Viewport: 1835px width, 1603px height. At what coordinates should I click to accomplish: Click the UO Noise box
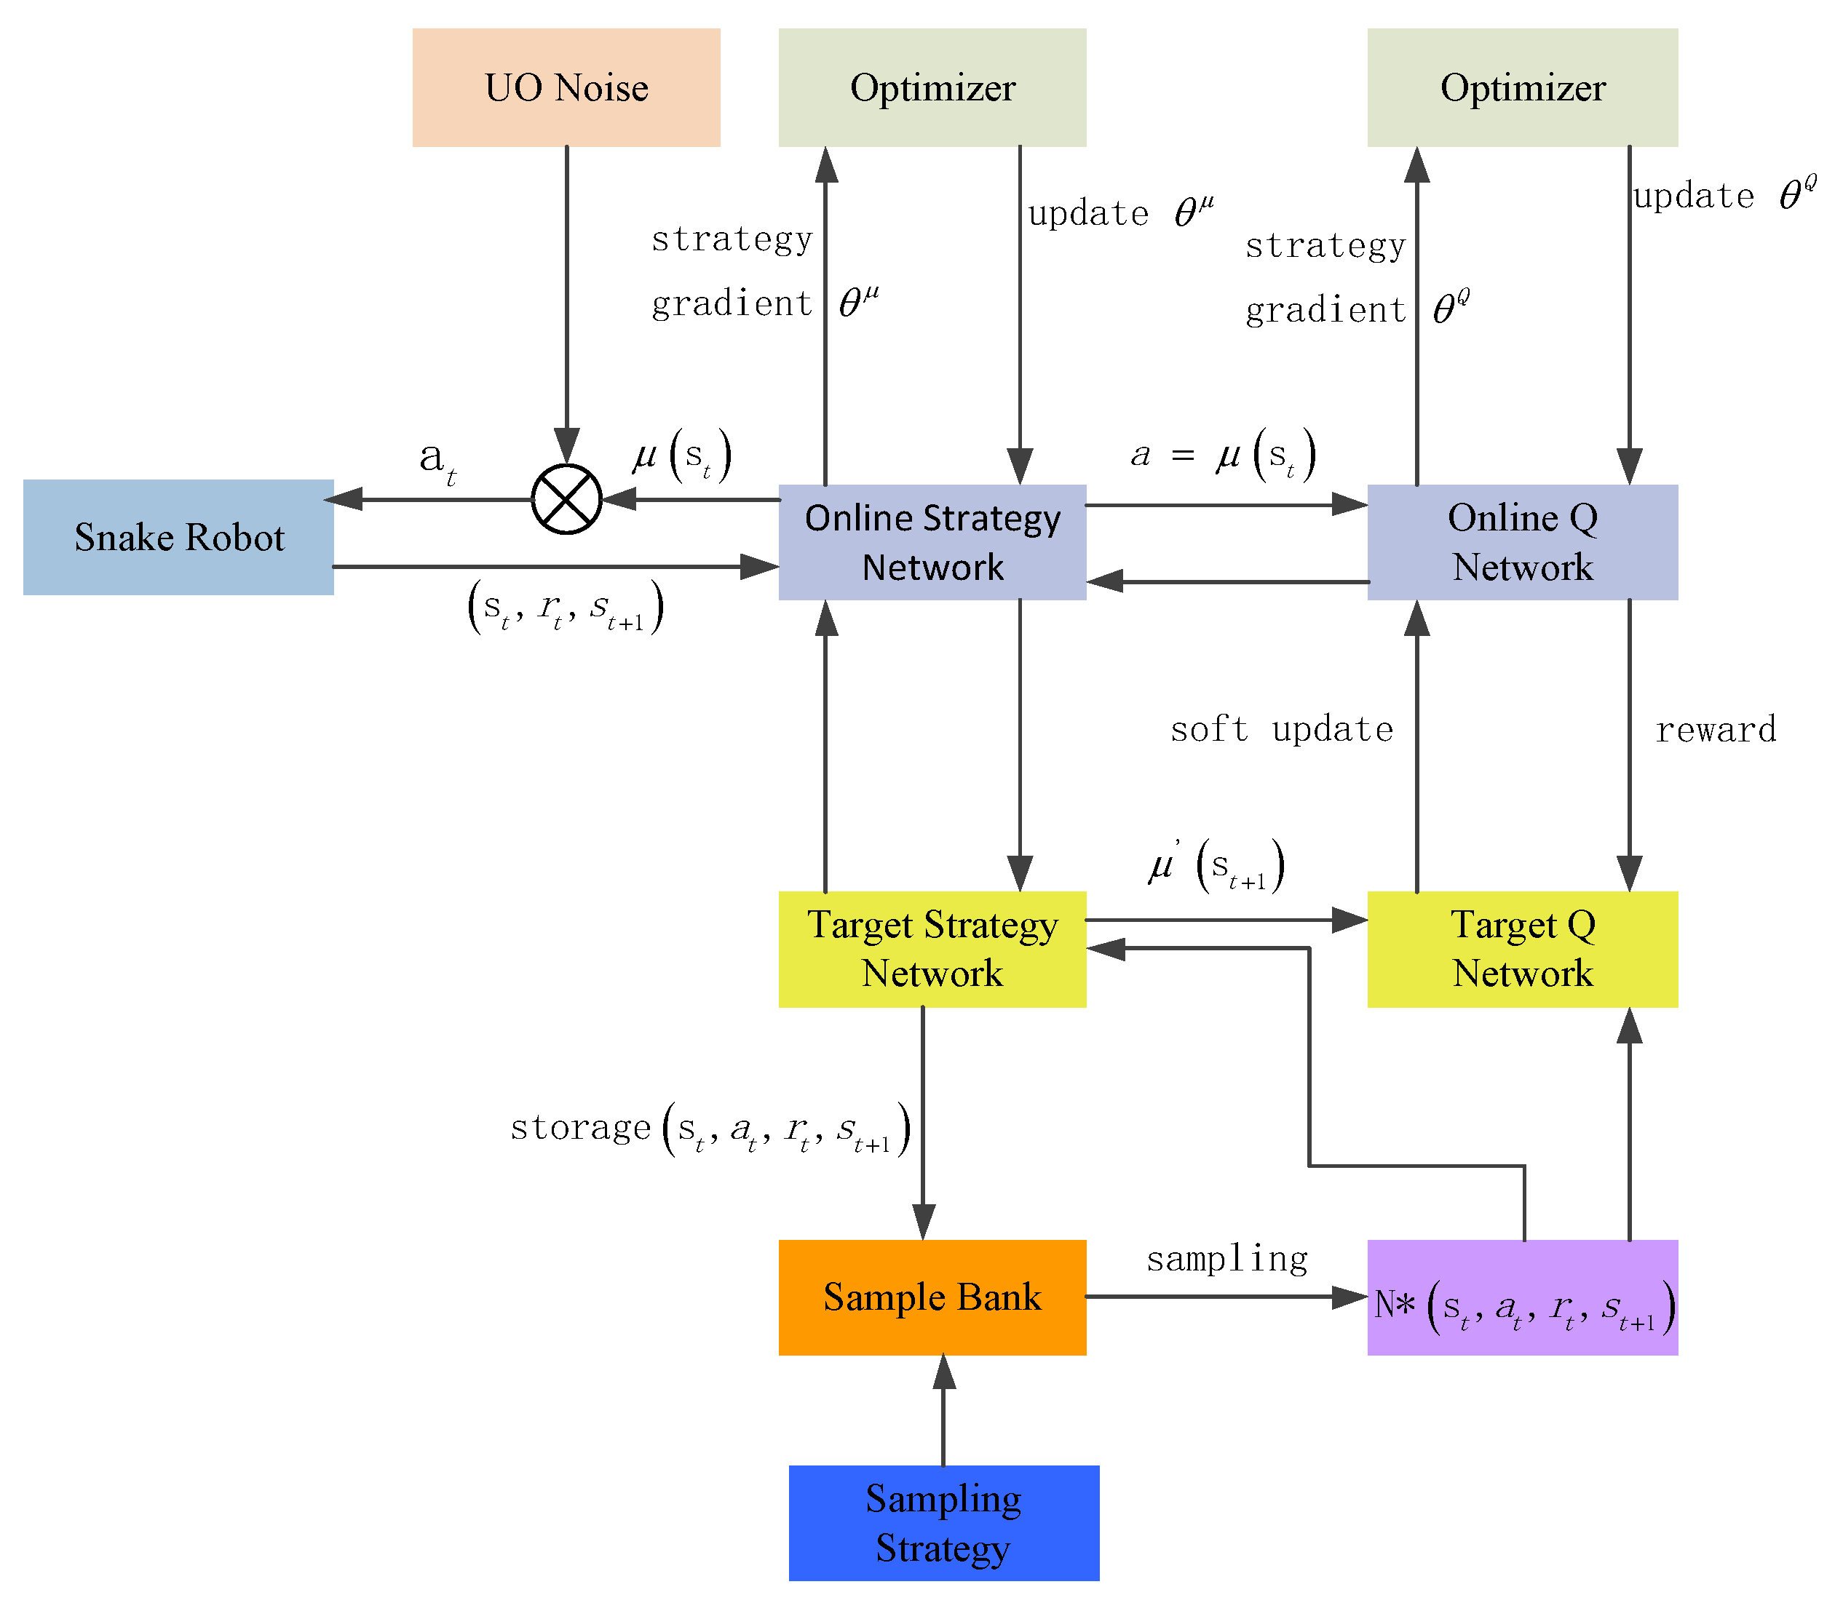[x=566, y=87]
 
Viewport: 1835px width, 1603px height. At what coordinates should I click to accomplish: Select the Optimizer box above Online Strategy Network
[x=932, y=87]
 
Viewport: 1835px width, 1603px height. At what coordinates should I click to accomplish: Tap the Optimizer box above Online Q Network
[x=1522, y=87]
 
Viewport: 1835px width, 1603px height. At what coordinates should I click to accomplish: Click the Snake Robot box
[x=178, y=537]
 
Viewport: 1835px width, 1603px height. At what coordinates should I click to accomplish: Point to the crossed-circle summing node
[x=566, y=499]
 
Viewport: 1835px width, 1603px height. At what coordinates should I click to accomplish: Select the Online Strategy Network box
[x=932, y=542]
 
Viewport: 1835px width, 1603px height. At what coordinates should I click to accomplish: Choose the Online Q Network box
[x=1522, y=542]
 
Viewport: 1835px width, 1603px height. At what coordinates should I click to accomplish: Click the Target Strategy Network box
[x=932, y=948]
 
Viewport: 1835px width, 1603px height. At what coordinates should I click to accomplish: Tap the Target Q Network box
[x=1522, y=948]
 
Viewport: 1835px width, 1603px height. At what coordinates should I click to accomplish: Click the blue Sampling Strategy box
[x=943, y=1522]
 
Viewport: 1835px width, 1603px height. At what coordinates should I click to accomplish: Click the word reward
[x=1714, y=730]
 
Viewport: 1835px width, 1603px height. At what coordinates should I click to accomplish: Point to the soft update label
[x=1281, y=730]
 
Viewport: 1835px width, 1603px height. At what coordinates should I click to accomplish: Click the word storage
[x=579, y=1127]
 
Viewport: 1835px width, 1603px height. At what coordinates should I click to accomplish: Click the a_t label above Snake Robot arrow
[x=437, y=460]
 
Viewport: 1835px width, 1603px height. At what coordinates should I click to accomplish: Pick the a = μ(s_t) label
[x=1222, y=455]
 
